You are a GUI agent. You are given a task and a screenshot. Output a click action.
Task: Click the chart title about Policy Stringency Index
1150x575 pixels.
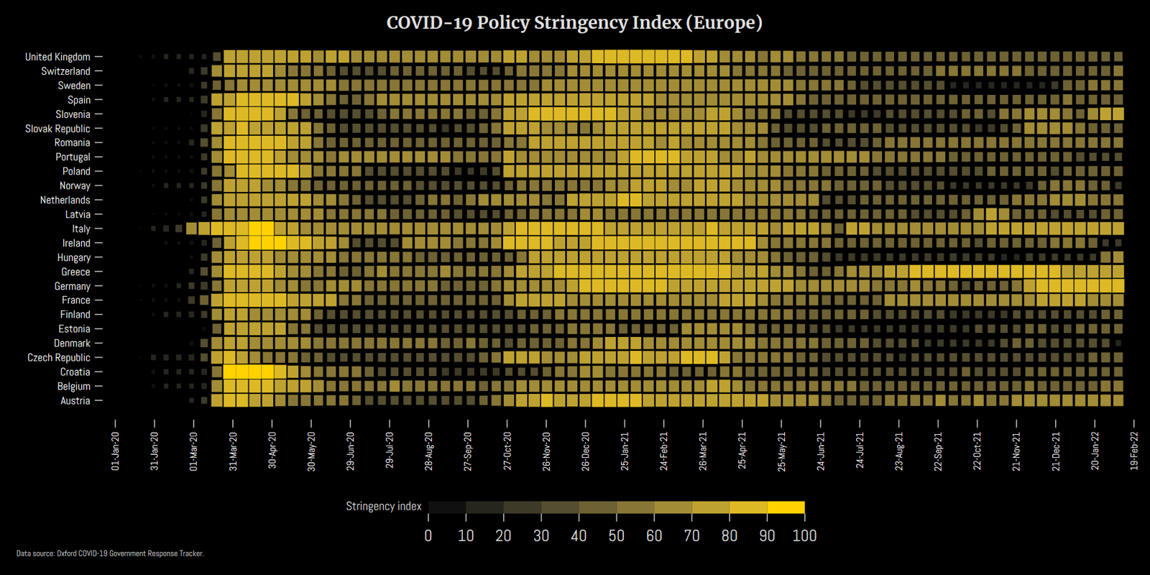tap(574, 23)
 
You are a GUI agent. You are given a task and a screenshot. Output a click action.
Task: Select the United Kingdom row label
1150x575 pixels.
tap(57, 57)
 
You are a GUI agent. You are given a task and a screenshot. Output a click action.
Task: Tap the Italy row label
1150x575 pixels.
tap(80, 229)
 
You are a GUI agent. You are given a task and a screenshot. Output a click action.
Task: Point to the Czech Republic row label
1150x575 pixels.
tap(59, 357)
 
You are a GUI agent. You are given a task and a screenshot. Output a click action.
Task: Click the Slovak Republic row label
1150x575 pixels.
tap(57, 129)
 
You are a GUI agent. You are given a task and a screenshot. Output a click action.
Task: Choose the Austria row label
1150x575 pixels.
tap(75, 400)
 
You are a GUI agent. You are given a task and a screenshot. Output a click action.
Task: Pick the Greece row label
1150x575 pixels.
tap(75, 272)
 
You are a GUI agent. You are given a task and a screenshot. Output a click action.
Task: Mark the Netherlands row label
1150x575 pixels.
tap(65, 200)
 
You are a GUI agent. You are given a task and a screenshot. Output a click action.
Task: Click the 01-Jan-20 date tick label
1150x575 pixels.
tap(116, 451)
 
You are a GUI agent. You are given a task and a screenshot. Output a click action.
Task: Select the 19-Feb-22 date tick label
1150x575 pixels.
tap(1134, 451)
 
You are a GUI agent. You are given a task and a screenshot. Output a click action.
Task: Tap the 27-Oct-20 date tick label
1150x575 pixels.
tap(507, 451)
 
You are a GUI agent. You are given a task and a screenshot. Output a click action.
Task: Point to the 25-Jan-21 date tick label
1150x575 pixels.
tap(625, 451)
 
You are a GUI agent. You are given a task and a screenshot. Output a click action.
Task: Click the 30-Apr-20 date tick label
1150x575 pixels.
tap(272, 451)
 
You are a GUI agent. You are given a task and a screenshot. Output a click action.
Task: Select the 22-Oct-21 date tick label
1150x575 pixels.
tap(977, 451)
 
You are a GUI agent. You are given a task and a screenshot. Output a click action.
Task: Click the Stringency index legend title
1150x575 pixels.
tap(383, 506)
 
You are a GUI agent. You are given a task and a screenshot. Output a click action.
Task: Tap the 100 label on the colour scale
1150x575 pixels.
tap(804, 536)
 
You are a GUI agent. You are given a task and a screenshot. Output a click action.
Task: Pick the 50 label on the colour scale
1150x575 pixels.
tap(616, 536)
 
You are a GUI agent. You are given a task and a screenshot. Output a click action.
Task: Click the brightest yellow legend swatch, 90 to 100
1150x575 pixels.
tap(786, 507)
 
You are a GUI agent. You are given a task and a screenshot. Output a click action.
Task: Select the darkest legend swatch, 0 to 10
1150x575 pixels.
tap(447, 507)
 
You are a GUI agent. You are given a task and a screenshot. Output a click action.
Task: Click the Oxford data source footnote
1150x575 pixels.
tap(110, 553)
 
